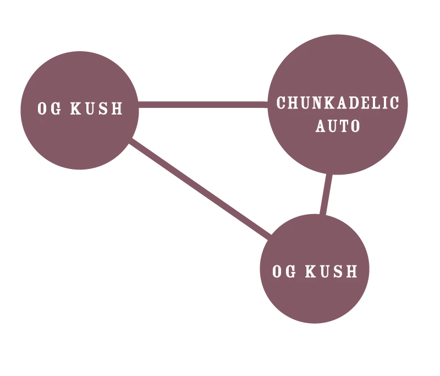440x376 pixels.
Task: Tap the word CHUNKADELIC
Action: click(338, 103)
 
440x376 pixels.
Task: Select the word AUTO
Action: click(338, 126)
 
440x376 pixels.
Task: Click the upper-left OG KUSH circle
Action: click(79, 138)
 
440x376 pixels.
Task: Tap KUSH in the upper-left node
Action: click(97, 108)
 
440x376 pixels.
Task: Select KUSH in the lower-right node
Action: click(332, 271)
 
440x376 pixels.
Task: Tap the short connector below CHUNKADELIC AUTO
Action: click(326, 195)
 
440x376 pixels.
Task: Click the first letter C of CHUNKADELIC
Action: click(281, 103)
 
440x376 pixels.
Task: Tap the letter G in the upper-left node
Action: click(56, 108)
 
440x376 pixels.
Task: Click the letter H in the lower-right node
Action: click(351, 271)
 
